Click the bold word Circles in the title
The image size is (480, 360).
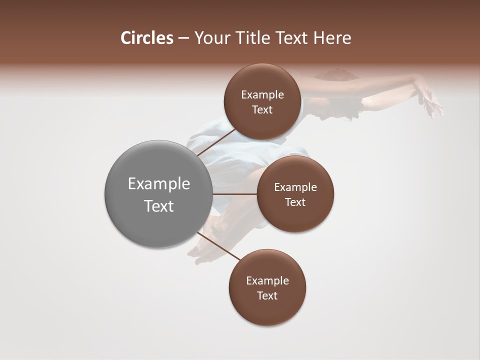[146, 38]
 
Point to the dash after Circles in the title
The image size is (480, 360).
[183, 38]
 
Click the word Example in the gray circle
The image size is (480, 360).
[158, 184]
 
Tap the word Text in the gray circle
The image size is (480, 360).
[158, 206]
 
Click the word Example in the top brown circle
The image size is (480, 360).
[262, 95]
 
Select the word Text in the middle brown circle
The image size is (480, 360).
[295, 202]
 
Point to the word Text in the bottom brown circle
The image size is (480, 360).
[267, 295]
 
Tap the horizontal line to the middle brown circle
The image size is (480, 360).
[235, 194]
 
